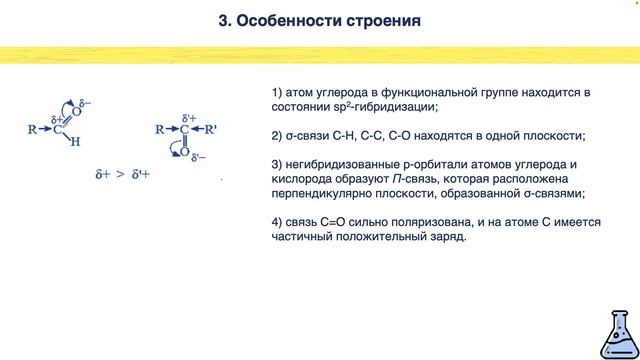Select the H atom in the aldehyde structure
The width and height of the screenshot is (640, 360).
tap(75, 142)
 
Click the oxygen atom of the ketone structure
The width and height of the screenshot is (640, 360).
tap(185, 152)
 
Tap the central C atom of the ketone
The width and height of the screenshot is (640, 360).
tap(185, 129)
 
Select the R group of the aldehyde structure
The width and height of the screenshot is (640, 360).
tap(33, 129)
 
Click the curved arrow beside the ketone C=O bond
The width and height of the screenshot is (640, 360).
tap(173, 148)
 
